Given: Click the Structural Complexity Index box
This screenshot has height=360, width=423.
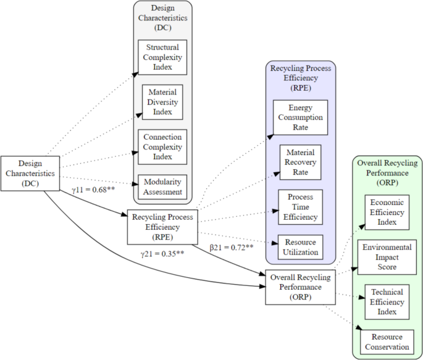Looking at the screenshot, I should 162,57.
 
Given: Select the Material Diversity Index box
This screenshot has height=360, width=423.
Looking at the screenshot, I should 162,103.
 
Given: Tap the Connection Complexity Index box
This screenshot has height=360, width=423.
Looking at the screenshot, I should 162,147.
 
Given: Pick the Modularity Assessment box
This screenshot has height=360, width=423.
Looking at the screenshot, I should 162,187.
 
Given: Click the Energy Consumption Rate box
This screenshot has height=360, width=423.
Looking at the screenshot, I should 301,117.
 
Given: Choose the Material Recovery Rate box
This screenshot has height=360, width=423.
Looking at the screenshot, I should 301,162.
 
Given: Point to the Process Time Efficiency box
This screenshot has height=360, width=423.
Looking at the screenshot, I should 301,207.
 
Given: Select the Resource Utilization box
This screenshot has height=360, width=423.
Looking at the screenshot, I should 301,247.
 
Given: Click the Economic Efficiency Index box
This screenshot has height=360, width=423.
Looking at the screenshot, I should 387,212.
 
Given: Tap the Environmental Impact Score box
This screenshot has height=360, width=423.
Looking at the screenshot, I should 387,257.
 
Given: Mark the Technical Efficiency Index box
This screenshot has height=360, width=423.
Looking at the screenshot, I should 387,302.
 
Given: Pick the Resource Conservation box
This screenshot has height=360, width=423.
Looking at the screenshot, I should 387,341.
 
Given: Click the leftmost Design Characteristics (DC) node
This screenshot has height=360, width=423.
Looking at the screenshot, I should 30,173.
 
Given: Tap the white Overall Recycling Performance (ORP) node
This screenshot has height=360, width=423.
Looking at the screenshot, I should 300,287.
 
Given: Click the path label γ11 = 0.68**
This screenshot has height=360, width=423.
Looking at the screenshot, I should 94,189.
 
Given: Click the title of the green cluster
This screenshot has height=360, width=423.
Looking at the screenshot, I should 387,173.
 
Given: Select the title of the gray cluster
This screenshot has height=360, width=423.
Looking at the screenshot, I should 162,18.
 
